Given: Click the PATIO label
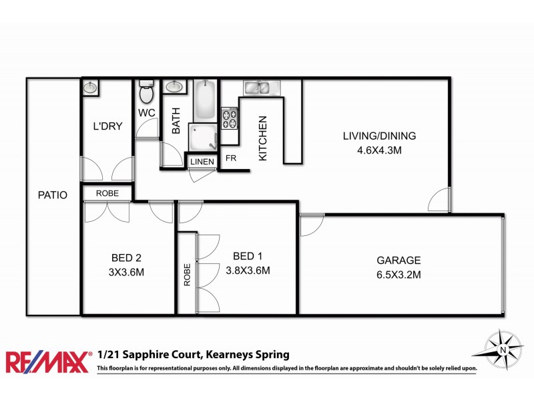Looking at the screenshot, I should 53,196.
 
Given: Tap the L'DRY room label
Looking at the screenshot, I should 107,126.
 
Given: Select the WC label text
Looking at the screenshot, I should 147,113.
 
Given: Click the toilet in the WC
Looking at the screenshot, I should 146,90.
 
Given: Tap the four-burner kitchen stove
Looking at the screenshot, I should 230,118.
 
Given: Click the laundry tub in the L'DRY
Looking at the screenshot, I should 91,87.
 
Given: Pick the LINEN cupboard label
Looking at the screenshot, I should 202,162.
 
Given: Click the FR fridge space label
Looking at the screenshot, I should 231,158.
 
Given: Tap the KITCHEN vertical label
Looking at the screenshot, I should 262,138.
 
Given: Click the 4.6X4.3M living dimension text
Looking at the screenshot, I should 379,150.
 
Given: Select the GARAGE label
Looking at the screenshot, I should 398,260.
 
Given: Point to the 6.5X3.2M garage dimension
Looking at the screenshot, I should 398,274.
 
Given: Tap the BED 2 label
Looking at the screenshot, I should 126,257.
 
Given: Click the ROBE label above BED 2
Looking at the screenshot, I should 107,192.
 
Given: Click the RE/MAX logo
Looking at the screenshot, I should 47,362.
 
